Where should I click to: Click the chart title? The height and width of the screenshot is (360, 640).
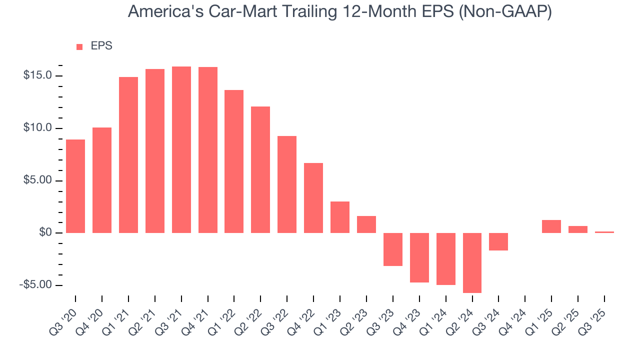pos(340,11)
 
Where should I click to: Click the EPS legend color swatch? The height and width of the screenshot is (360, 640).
pos(79,46)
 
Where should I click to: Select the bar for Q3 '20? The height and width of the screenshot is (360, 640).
pos(75,186)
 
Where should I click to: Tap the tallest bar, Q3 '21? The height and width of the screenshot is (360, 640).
pos(181,149)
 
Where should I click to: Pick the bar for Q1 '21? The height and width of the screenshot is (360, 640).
pos(128,155)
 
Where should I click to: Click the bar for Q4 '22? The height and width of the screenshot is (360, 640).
pos(313,198)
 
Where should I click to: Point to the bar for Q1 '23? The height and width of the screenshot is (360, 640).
pos(340,217)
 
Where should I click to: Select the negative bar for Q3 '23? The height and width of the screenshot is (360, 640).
pos(393,249)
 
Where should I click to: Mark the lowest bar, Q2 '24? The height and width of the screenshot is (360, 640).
pos(472,263)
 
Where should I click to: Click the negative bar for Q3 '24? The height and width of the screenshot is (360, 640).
pos(498,241)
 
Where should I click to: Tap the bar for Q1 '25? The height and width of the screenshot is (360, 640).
pos(551,226)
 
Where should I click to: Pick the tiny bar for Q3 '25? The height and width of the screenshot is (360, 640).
pos(604,232)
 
